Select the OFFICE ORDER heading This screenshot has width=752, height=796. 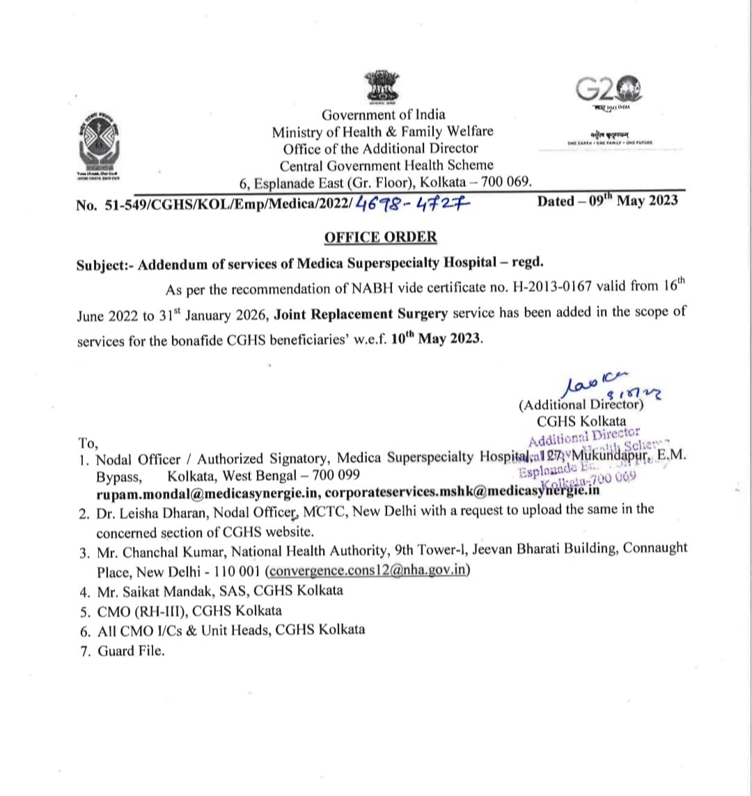click(x=380, y=237)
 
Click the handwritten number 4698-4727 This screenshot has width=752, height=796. click(x=414, y=203)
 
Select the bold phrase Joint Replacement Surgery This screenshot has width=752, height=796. click(x=361, y=314)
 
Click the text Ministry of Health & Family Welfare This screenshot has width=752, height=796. click(x=382, y=132)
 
